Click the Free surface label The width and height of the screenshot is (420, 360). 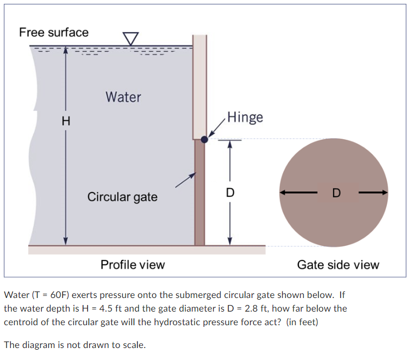[x=54, y=32]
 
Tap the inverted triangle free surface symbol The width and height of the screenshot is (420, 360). [x=130, y=39]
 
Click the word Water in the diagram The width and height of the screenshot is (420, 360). [x=123, y=97]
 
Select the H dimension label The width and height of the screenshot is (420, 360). [x=66, y=121]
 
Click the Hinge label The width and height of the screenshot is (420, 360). [x=245, y=117]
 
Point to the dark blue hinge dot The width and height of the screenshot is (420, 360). [x=204, y=139]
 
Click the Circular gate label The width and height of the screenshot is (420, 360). [x=122, y=196]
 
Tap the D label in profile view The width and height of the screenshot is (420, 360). [x=230, y=193]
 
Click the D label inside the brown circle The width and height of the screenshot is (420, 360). [x=336, y=193]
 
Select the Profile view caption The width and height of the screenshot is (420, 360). [x=133, y=265]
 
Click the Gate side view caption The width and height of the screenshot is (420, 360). [x=338, y=265]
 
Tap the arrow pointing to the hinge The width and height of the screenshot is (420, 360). [x=216, y=129]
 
